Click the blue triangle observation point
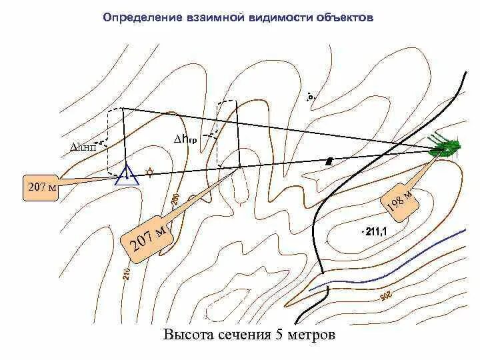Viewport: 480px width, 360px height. tap(126, 175)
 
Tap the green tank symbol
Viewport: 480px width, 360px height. tap(445, 147)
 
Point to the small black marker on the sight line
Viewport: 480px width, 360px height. tap(328, 161)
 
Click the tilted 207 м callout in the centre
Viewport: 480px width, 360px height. tap(149, 235)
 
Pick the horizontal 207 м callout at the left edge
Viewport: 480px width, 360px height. tap(41, 187)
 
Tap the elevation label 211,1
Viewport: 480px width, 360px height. tap(375, 232)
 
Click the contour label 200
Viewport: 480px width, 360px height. tap(175, 199)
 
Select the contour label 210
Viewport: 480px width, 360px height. tap(126, 273)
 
